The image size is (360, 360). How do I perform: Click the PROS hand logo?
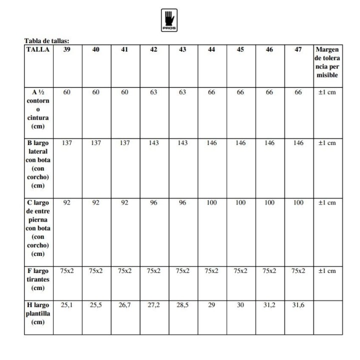(169, 20)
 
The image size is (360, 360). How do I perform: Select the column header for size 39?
(67, 49)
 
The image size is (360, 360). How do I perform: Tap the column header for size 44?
(211, 49)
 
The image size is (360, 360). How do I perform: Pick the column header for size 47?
(298, 49)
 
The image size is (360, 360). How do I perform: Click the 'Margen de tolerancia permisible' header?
(327, 62)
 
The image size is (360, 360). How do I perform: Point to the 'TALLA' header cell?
(38, 49)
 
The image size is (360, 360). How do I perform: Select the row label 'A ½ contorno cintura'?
(38, 109)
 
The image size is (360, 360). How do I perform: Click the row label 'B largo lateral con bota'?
(38, 164)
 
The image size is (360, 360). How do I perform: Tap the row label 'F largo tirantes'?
(38, 279)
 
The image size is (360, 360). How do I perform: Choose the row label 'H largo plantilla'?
(38, 313)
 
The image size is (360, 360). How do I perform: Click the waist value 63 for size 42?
(153, 92)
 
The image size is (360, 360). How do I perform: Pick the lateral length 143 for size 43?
(182, 142)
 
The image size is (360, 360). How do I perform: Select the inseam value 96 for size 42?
(153, 202)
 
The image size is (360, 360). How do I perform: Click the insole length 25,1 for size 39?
(67, 304)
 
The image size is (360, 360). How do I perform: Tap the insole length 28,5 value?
(182, 304)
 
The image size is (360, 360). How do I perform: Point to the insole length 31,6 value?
(298, 304)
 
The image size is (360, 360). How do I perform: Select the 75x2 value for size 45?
(240, 270)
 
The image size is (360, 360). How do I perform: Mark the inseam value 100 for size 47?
(298, 202)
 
